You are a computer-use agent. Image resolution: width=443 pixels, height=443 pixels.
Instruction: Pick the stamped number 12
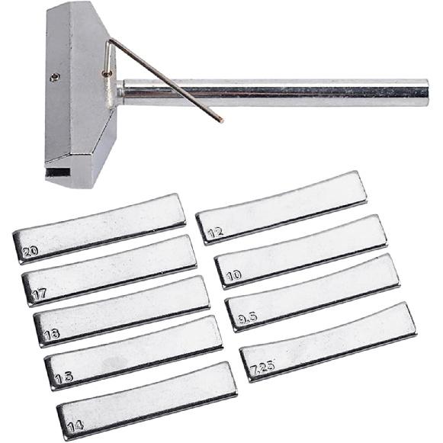click(x=215, y=231)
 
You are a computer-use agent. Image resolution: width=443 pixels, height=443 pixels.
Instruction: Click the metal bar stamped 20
click(x=99, y=229)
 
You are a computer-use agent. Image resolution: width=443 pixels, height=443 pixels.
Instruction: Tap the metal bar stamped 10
click(x=300, y=251)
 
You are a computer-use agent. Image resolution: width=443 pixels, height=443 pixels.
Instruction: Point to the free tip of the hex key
click(x=220, y=120)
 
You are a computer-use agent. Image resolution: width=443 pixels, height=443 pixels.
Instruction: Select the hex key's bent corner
click(x=110, y=41)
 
